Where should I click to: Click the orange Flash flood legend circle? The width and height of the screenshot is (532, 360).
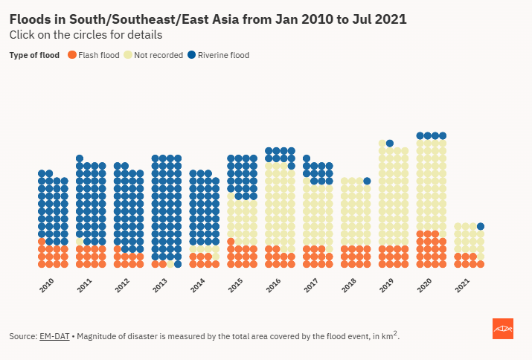pos(72,55)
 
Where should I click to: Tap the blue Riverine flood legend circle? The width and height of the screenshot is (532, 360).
pos(191,55)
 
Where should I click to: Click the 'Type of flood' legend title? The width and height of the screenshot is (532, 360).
pos(34,55)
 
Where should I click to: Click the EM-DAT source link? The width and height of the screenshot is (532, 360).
pos(54,337)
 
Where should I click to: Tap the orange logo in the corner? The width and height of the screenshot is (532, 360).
pos(503,329)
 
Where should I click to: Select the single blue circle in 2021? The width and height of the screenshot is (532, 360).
pos(481,226)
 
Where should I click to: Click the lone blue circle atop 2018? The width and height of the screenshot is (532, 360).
pos(367,181)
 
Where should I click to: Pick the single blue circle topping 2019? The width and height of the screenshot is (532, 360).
pos(390,143)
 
